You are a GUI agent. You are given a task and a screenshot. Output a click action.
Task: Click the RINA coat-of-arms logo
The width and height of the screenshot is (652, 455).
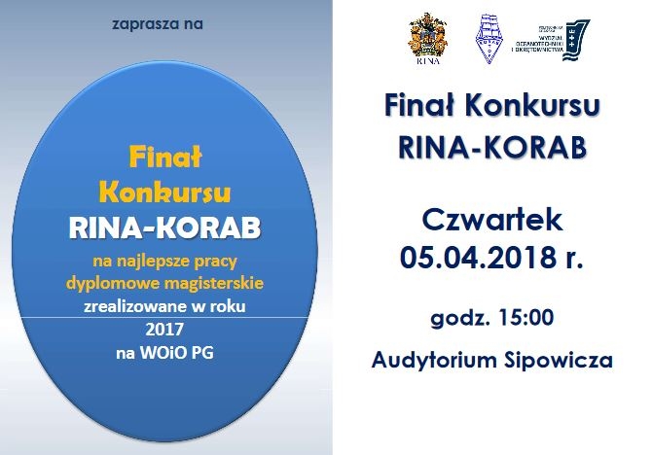point(426,40)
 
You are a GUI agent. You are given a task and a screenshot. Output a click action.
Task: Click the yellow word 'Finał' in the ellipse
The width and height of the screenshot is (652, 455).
point(163,156)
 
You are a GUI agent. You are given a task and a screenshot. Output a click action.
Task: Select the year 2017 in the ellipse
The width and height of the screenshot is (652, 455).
point(163,329)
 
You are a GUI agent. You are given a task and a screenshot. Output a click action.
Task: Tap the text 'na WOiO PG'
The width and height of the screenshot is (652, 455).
point(163,351)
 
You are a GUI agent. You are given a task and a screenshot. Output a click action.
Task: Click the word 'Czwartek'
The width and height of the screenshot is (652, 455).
point(492,219)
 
